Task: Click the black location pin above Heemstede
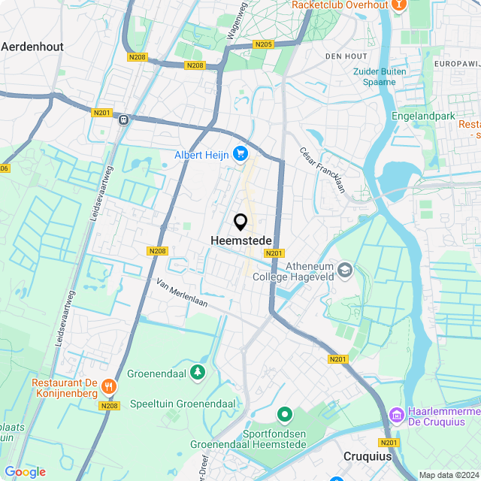click(x=241, y=222)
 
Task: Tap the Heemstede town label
click(x=240, y=240)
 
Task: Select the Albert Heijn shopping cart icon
click(x=240, y=154)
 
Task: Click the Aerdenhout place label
click(x=32, y=46)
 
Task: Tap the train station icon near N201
click(x=123, y=119)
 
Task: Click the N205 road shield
click(x=263, y=45)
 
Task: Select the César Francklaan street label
click(x=322, y=168)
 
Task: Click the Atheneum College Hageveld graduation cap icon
click(x=345, y=269)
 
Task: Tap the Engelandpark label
click(x=424, y=116)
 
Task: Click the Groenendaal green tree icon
click(x=197, y=371)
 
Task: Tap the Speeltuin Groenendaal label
click(x=183, y=404)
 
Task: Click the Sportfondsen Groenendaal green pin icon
click(x=285, y=413)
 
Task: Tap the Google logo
click(x=25, y=472)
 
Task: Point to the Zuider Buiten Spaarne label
click(x=380, y=77)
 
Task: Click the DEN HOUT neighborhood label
click(x=346, y=56)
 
